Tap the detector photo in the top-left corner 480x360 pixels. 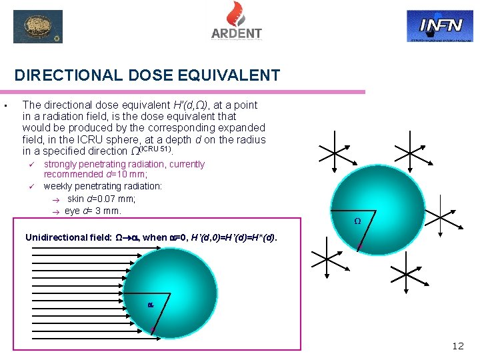point(38,27)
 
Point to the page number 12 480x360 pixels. point(458,345)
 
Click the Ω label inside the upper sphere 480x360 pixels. point(357,221)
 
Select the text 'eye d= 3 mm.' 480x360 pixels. point(93,211)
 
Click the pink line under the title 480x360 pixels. point(190,91)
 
